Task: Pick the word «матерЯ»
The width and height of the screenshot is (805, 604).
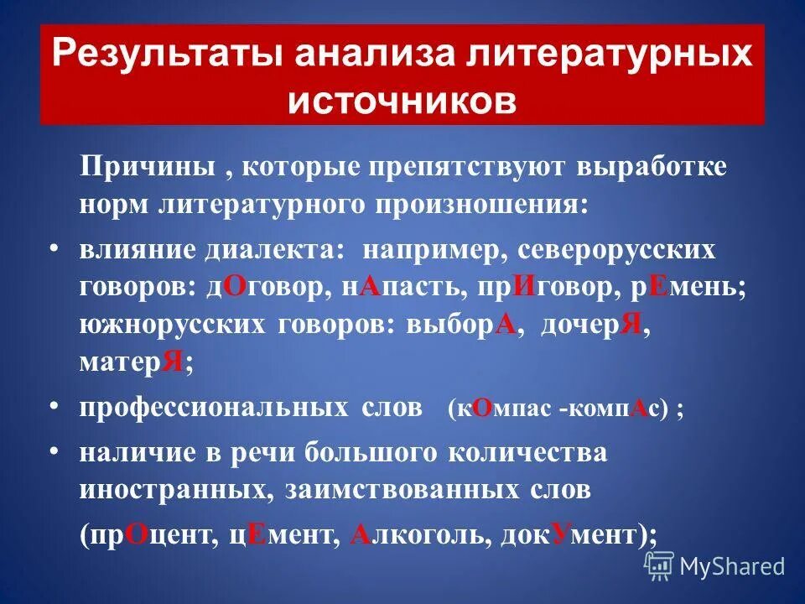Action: click(132, 362)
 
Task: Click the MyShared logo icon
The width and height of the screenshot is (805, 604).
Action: click(659, 566)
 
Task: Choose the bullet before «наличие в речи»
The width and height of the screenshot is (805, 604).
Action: click(55, 452)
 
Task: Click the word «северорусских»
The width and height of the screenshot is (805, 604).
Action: click(616, 251)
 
